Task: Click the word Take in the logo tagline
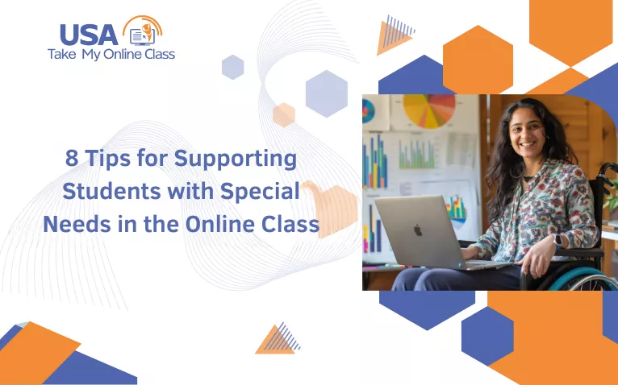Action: (x=62, y=55)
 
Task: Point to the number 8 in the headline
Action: (x=72, y=159)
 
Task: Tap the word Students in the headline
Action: (x=105, y=192)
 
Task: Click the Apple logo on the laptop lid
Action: (x=418, y=230)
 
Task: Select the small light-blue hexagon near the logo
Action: (x=232, y=67)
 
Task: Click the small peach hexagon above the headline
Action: (x=284, y=114)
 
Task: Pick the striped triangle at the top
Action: (x=395, y=37)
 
